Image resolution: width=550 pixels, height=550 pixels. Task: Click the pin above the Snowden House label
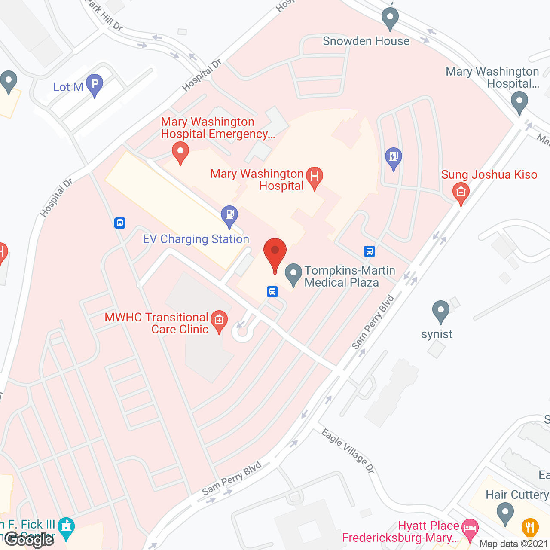coord(390,19)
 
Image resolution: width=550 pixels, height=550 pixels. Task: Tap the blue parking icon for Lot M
coord(95,84)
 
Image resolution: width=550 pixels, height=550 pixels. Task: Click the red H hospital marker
coord(315,177)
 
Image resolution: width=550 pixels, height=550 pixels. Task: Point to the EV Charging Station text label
coord(196,239)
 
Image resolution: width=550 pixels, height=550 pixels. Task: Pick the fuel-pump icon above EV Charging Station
coord(229,215)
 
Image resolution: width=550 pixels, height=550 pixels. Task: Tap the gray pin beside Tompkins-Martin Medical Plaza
coord(293,274)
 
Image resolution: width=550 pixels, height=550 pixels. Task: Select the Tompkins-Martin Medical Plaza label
coord(350,276)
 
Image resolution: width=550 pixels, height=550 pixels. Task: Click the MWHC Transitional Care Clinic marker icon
coord(219,321)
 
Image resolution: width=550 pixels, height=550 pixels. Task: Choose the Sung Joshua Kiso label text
coord(489,174)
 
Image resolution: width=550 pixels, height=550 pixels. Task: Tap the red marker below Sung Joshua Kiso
coord(461,192)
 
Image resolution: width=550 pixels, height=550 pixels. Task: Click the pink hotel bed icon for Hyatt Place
coord(470,528)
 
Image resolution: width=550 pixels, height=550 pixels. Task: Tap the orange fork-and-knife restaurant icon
coord(530,527)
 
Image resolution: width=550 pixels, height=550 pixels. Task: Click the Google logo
coord(29,539)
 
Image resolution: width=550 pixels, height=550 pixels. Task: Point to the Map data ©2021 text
coord(513,544)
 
